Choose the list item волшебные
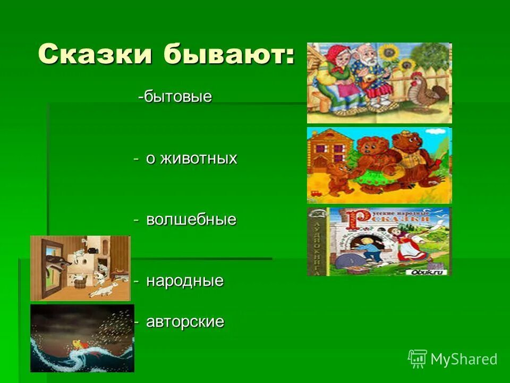click(191, 220)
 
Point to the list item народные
click(185, 281)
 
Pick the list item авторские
click(185, 322)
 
